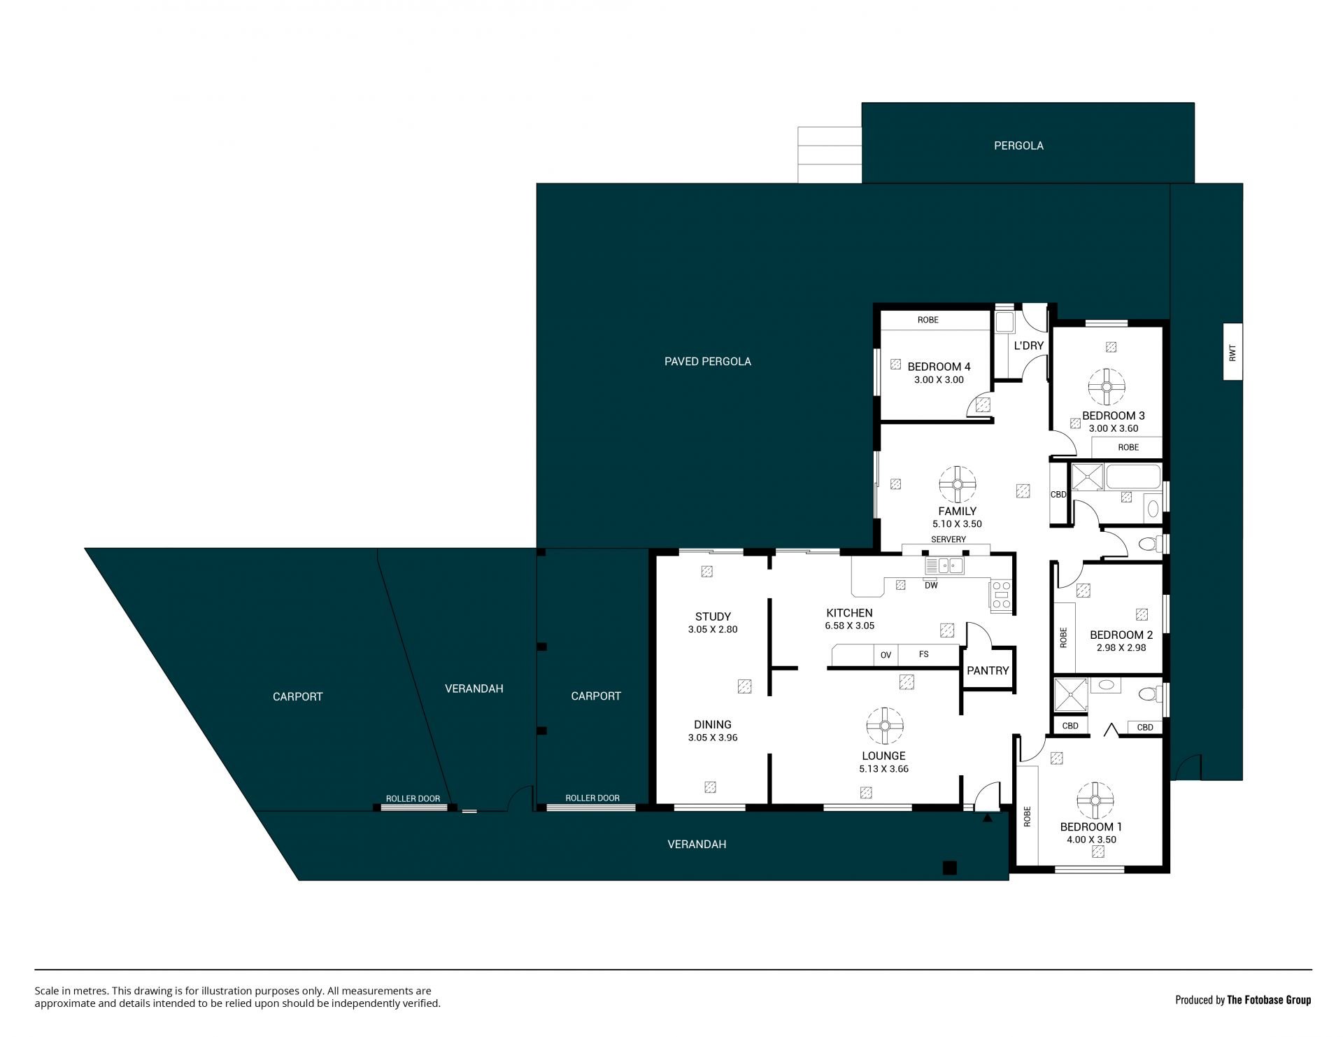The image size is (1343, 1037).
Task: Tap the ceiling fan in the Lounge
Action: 885,726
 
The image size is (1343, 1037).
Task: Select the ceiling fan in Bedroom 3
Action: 1107,386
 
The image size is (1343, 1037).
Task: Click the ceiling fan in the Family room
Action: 958,484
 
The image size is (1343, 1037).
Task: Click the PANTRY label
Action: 988,670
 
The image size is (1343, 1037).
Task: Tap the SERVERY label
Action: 948,539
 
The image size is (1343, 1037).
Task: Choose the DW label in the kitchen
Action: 931,586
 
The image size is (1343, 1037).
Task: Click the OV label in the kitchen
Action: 886,655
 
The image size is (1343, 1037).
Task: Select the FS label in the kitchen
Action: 924,654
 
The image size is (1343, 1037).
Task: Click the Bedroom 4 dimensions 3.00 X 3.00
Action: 939,380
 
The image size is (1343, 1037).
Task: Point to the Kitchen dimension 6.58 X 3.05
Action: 850,626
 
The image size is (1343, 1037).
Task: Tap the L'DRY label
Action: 1029,346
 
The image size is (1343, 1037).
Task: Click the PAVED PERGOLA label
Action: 708,361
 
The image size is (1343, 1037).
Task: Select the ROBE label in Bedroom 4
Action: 928,320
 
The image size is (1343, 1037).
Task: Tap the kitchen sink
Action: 944,565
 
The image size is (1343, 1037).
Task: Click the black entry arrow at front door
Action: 987,817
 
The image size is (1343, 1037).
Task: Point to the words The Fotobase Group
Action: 1269,1000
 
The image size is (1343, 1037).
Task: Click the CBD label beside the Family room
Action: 1058,495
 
